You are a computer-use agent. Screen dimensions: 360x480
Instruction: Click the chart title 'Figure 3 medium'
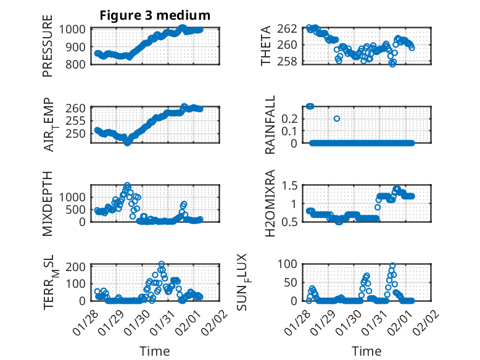pos(155,15)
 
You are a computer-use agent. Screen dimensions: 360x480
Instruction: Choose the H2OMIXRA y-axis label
pos(270,203)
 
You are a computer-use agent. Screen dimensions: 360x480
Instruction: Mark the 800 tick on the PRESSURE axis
pos(80,63)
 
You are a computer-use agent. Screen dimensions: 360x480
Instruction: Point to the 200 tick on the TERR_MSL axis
pos(80,267)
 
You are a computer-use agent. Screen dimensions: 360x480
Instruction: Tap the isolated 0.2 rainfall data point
pos(337,119)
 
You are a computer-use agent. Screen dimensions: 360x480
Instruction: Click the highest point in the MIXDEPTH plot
pos(127,185)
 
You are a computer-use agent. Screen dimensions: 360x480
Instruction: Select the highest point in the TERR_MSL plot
pos(162,264)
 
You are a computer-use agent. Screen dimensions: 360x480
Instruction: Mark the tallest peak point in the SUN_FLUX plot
pos(392,266)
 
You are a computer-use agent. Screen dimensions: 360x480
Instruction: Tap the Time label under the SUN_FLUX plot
pos(366,351)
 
